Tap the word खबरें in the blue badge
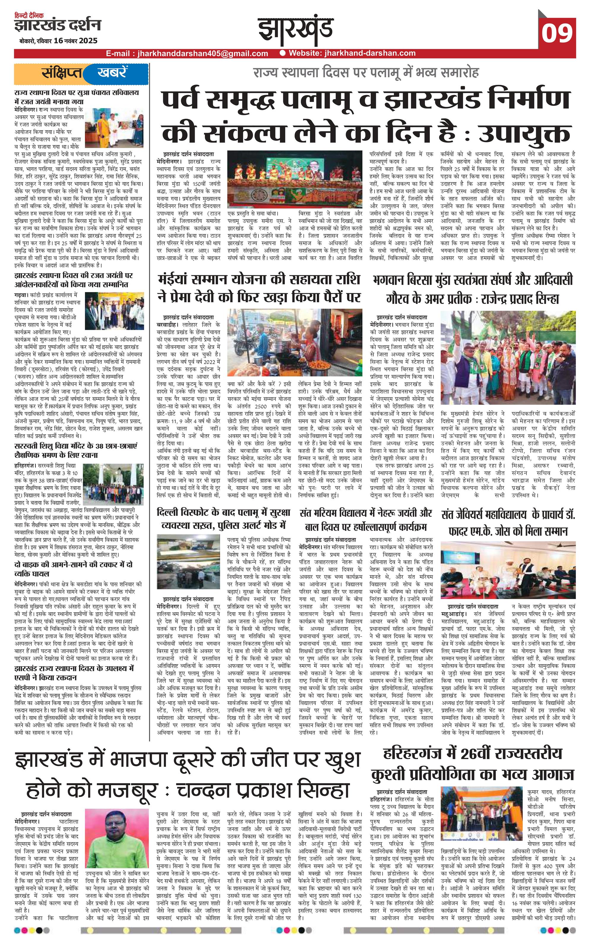click(112, 73)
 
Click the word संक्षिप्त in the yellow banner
click(62, 73)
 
